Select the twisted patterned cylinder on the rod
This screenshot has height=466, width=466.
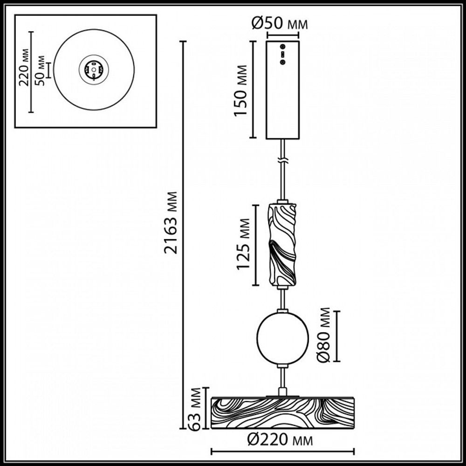pos(282,245)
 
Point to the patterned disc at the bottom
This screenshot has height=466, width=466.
pos(282,413)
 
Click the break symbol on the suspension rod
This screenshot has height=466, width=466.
pos(282,160)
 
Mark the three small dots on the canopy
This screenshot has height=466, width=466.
pos(282,54)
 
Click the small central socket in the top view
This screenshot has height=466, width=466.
pos(94,71)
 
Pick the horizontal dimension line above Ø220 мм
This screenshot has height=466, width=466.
pos(282,451)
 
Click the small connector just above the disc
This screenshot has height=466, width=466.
pos(282,391)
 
